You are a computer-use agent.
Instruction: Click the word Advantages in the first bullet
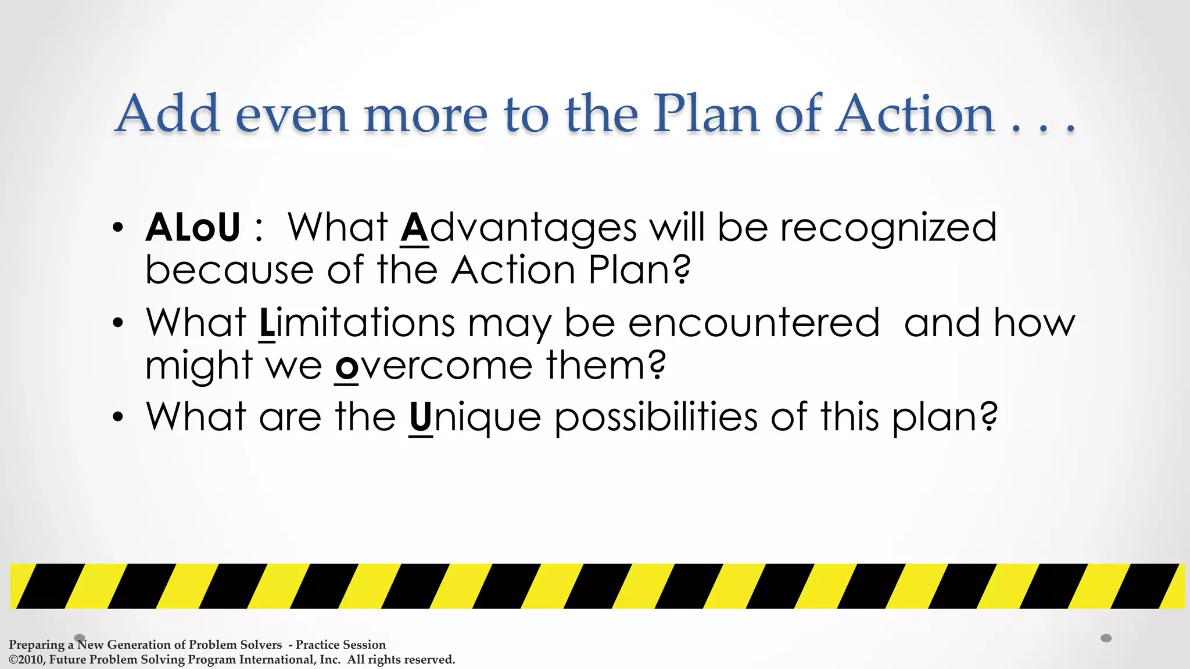tap(518, 228)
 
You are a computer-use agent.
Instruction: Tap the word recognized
tap(888, 228)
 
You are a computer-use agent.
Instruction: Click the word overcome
tap(434, 366)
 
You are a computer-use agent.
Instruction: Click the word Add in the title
tap(167, 114)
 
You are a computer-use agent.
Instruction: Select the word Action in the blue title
tap(915, 114)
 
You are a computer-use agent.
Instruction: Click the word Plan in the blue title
tap(706, 114)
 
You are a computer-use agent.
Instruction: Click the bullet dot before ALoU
tap(118, 228)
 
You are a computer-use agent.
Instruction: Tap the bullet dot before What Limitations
tap(118, 323)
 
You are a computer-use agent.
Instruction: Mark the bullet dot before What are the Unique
tap(118, 418)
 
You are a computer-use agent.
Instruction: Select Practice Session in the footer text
tap(340, 645)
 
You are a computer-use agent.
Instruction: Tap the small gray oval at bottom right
tap(1106, 638)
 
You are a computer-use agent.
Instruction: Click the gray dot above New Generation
tap(80, 638)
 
